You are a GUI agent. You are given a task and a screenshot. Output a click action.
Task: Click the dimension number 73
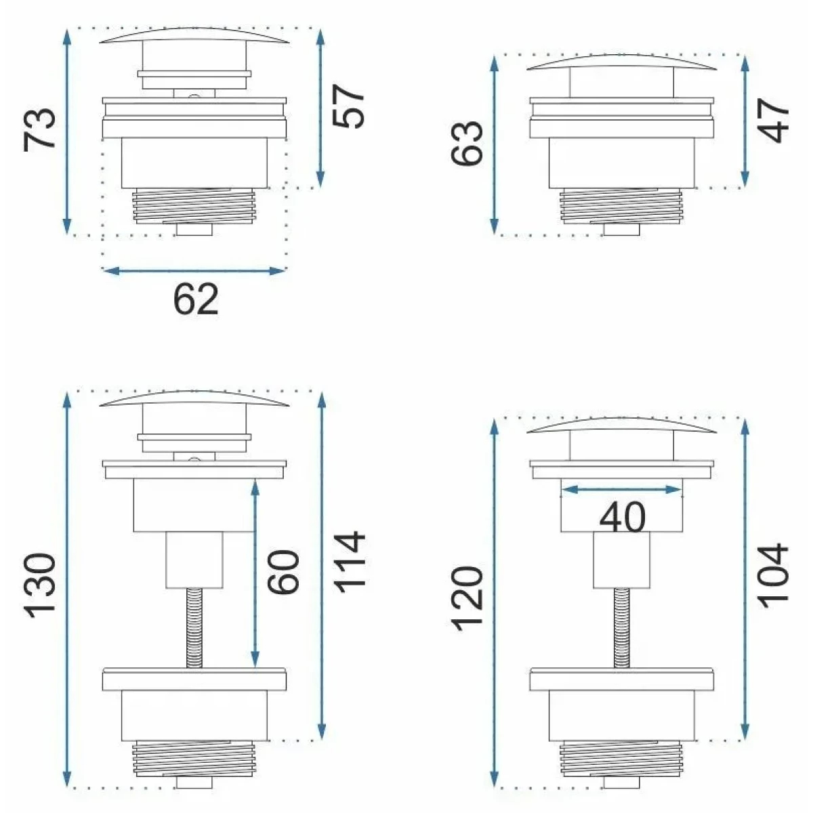39,129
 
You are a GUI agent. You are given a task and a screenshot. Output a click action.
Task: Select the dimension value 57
348,106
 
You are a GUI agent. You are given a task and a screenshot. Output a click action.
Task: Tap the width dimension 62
196,299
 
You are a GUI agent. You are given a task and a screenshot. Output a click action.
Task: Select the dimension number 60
283,572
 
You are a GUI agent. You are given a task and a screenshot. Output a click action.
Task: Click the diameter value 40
623,517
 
